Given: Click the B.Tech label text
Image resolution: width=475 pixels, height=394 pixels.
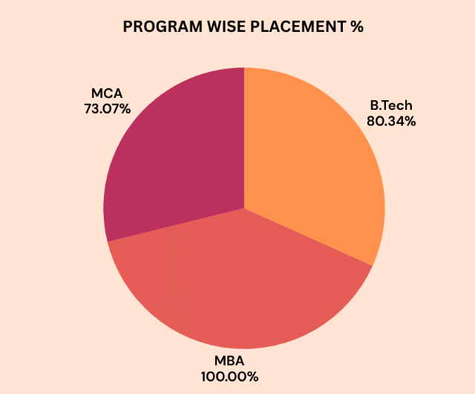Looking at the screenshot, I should pyautogui.click(x=391, y=105).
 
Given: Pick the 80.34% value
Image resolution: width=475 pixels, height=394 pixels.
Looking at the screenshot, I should pyautogui.click(x=391, y=120).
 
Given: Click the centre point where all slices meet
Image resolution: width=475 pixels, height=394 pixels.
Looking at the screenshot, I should pyautogui.click(x=244, y=208).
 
